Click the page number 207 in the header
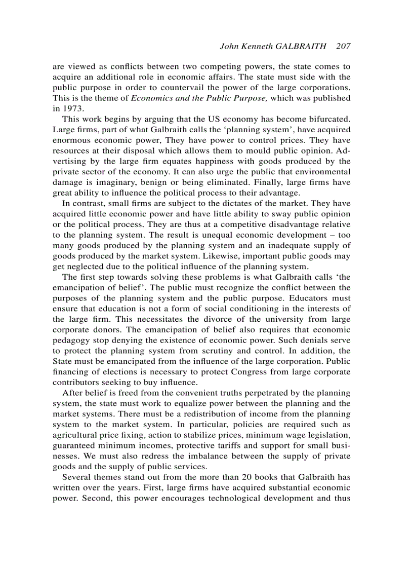click(x=343, y=46)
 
